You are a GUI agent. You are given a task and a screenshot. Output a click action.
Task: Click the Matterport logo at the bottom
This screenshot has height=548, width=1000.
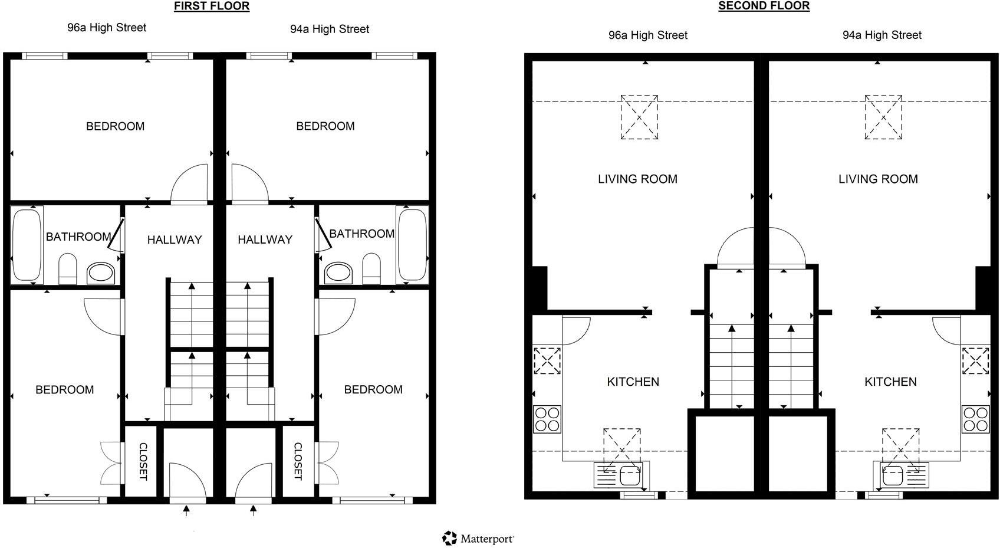pos(478,538)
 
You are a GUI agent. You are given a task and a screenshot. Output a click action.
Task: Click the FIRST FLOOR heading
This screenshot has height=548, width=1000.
pos(211,6)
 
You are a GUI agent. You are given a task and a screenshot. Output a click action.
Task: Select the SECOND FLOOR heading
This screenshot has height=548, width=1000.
pos(764,6)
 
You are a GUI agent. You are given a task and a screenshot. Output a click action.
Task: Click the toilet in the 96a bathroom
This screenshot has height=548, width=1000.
pos(68,269)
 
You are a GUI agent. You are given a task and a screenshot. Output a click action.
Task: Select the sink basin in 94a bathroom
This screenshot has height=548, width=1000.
pos(338,273)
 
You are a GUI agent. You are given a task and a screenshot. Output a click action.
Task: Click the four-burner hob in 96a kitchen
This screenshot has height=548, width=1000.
pos(547,419)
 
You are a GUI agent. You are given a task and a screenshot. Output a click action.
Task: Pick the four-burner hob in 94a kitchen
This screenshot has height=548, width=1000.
pos(975,419)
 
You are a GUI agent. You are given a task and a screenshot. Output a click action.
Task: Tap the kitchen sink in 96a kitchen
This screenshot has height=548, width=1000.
pos(621,474)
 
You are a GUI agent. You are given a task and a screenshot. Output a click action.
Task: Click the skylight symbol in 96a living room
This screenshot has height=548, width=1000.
pos(639,117)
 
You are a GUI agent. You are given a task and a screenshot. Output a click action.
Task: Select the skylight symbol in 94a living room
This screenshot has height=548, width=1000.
pos(883,117)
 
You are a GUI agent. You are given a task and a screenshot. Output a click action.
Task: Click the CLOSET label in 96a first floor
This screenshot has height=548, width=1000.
pos(143,461)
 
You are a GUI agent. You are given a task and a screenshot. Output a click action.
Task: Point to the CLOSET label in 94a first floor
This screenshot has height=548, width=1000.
pos(298,461)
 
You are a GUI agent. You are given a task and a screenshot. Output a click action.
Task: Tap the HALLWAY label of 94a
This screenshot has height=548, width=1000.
pos(265,239)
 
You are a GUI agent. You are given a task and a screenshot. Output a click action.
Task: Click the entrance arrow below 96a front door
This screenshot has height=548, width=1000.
pos(187,510)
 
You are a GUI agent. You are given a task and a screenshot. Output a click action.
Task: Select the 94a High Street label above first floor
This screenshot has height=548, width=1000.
pos(329,29)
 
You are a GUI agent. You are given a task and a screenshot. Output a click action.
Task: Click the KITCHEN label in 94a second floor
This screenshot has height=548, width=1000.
pos(890,382)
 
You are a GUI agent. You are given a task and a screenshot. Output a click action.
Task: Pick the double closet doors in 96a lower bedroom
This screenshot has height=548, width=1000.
pos(111,462)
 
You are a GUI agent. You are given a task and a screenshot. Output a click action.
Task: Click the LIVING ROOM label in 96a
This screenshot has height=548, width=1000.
pos(637,179)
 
